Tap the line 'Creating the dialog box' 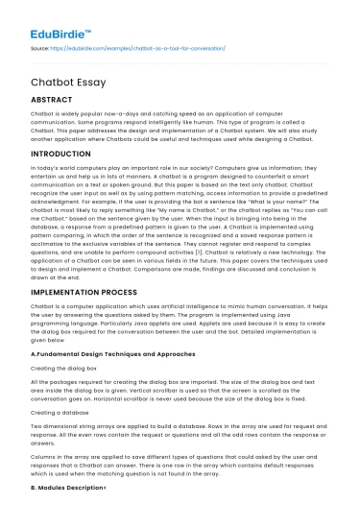[x=63, y=369]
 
